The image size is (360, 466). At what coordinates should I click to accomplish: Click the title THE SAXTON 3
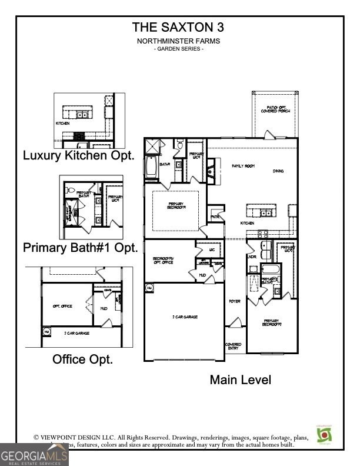click(178, 27)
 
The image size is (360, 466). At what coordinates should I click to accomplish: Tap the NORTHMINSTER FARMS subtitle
click(178, 41)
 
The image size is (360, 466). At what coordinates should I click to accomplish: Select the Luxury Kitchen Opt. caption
click(79, 156)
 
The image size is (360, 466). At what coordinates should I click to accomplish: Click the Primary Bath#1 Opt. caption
click(81, 247)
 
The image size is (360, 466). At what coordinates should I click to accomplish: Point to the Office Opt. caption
click(83, 359)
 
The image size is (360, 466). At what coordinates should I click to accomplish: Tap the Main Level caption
click(241, 380)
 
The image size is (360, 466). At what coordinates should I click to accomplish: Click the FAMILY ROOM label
click(242, 167)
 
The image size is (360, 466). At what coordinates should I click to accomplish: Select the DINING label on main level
click(278, 171)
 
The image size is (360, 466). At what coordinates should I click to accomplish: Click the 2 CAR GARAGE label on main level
click(185, 317)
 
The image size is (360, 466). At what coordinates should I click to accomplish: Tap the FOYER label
click(235, 301)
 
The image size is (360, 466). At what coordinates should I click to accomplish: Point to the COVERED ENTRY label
click(234, 347)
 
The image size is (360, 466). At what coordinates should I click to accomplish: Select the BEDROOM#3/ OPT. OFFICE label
click(164, 261)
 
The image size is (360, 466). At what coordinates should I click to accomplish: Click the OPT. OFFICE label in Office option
click(62, 307)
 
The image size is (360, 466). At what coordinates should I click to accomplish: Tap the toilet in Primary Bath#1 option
click(70, 191)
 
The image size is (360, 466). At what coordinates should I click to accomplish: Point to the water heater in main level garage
click(149, 288)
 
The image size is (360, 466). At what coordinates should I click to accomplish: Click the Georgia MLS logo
click(34, 455)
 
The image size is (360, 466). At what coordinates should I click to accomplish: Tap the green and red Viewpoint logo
click(324, 434)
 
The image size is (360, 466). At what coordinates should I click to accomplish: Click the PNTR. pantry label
click(215, 216)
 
